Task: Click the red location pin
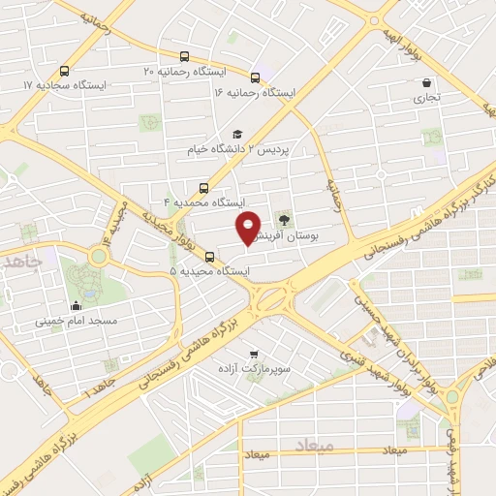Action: click(x=249, y=228)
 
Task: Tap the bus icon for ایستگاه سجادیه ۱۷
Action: click(x=64, y=71)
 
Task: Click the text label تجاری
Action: click(x=427, y=98)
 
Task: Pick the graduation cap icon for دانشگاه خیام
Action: click(x=237, y=136)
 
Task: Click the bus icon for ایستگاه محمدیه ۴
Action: click(x=203, y=188)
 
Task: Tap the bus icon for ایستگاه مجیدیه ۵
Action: click(x=211, y=257)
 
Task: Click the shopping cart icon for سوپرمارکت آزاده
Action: click(x=254, y=355)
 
